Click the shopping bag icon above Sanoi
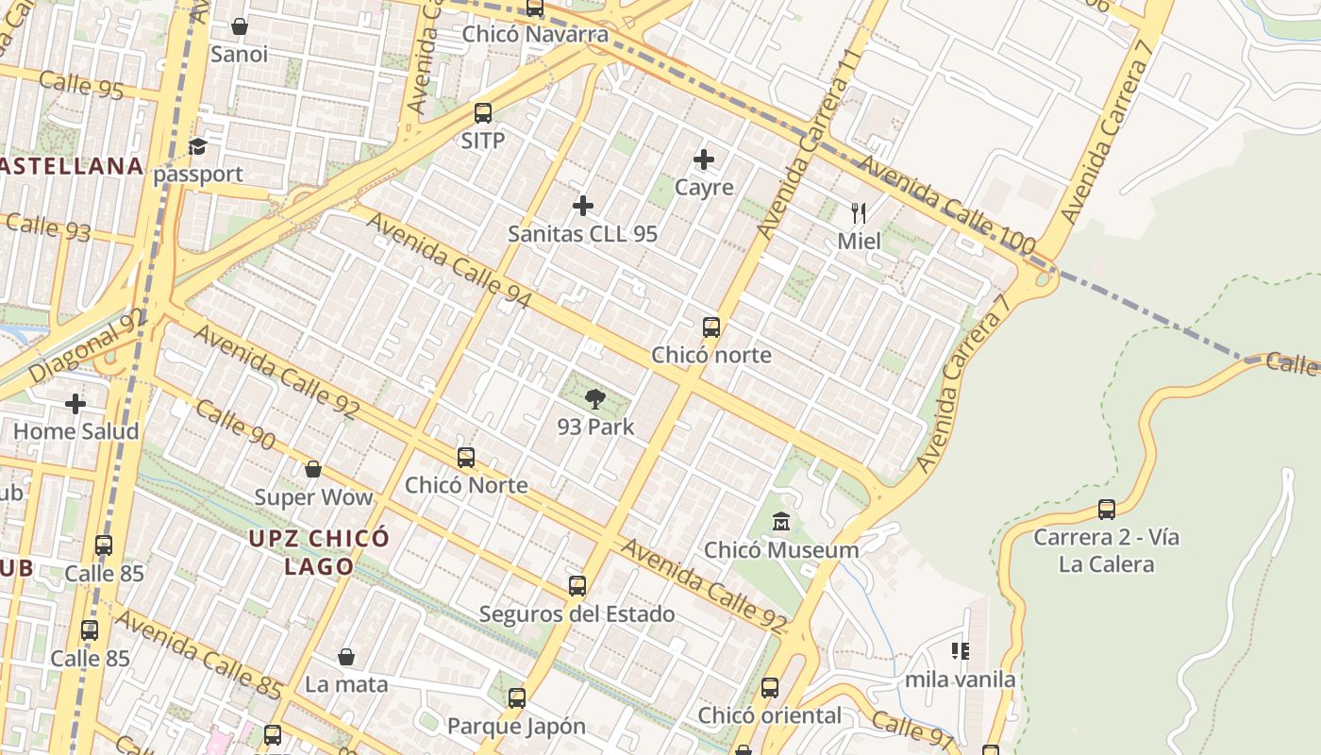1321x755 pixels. (x=240, y=26)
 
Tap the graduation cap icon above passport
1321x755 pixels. (x=197, y=146)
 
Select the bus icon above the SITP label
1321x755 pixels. (x=483, y=113)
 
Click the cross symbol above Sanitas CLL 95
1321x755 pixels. (x=583, y=206)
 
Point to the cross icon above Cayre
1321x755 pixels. (x=704, y=159)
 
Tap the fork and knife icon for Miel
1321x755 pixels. (x=859, y=212)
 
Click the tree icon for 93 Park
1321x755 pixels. (x=594, y=399)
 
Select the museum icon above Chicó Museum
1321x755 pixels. (x=781, y=521)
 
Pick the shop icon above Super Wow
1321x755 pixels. (x=313, y=469)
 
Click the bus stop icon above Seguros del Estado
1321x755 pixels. (x=577, y=586)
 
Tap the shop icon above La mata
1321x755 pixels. (x=346, y=657)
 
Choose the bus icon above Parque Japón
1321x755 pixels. (x=516, y=698)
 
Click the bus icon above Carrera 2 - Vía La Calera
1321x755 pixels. (x=1107, y=510)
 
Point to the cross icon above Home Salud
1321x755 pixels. (x=75, y=404)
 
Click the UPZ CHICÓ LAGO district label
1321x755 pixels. (x=320, y=552)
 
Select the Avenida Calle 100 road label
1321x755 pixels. (x=947, y=207)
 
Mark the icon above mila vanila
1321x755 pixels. (x=961, y=650)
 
